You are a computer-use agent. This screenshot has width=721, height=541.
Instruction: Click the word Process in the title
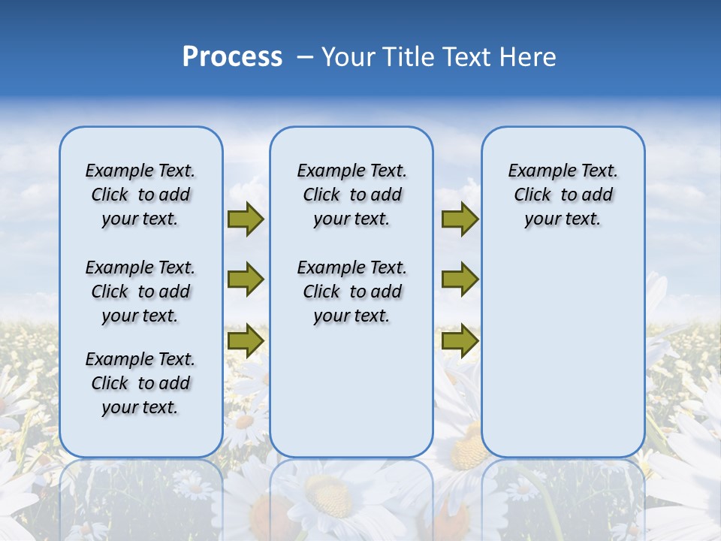pos(232,57)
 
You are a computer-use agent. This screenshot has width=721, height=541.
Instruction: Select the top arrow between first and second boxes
pos(246,219)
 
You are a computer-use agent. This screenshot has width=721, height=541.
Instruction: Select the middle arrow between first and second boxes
pos(246,280)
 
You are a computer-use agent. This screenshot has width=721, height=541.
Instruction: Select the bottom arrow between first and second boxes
pos(246,340)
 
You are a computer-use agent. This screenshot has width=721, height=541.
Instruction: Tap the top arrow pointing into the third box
pos(460,219)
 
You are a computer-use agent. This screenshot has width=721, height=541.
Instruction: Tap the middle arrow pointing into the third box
pos(460,280)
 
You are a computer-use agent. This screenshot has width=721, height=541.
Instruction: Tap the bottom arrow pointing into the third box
pos(460,340)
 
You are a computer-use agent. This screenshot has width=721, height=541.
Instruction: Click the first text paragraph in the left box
pos(140,195)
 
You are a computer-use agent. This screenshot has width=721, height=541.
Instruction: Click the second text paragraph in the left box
pos(140,292)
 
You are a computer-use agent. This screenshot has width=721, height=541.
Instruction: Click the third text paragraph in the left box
pos(140,383)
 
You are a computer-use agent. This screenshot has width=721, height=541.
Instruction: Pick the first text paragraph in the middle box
pos(351,195)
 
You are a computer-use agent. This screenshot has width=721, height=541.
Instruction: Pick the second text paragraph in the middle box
pos(351,292)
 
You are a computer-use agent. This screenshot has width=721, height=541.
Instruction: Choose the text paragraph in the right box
pos(563,195)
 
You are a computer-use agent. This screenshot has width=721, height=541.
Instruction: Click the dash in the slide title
pos(305,58)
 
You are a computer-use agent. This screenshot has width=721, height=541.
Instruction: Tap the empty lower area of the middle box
pos(351,391)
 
